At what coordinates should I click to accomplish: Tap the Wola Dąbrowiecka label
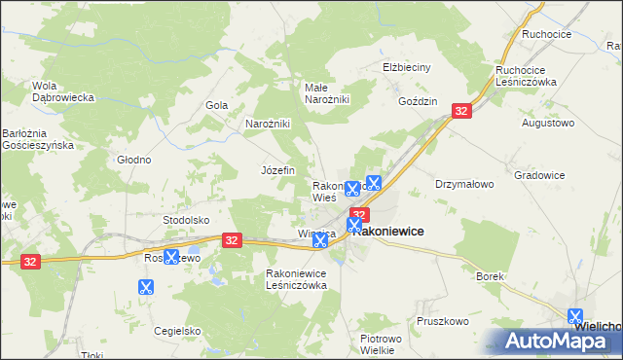[x=62, y=90]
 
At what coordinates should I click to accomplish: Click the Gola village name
[x=216, y=105]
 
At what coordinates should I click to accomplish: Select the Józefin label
[x=277, y=169]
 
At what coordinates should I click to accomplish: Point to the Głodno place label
[x=133, y=160]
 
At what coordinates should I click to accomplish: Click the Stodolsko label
[x=187, y=220]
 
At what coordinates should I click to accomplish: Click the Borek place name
[x=490, y=276]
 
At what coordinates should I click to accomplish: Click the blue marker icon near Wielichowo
[x=576, y=316]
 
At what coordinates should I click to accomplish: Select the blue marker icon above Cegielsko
[x=146, y=287]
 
